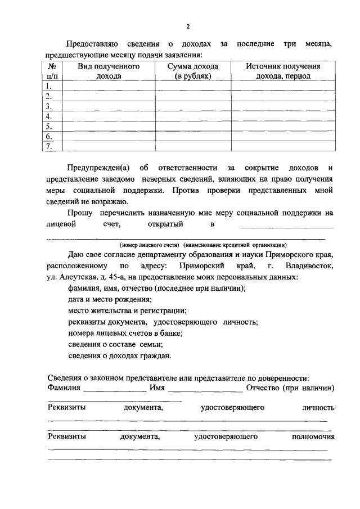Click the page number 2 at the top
188,26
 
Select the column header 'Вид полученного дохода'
109,71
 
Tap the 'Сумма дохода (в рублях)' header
193,71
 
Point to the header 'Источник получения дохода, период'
283,71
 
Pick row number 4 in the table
49,116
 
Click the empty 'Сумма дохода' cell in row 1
193,86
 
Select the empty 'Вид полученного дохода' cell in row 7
109,147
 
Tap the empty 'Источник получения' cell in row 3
283,106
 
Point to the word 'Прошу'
80,213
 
